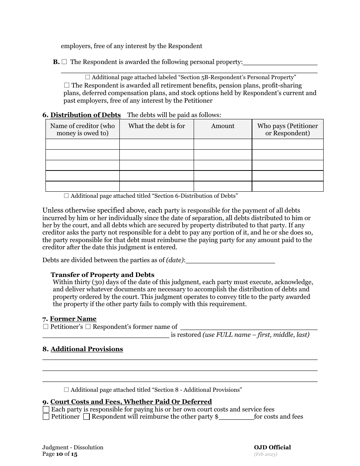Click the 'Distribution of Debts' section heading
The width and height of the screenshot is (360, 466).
85,115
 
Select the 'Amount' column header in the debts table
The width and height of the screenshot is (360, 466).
223,126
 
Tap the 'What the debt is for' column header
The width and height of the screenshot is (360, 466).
157,126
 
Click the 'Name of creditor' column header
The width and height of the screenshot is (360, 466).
82,129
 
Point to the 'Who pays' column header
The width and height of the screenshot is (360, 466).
288,129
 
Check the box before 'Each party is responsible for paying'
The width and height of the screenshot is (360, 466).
46,409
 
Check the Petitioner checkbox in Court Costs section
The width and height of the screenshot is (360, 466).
46,417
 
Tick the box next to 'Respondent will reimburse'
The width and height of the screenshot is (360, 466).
86,417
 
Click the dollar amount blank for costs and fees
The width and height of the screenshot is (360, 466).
236,417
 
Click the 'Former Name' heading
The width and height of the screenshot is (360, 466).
73,319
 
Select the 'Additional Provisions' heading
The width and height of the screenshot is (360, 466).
87,349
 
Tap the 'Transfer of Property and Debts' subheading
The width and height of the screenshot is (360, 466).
102,275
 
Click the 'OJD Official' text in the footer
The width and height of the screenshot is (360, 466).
272,447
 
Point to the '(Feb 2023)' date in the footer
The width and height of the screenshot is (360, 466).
266,454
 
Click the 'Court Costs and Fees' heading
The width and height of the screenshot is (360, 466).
131,402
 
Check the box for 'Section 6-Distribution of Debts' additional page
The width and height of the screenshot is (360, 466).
66,196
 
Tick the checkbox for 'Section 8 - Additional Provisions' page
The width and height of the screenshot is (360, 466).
66,389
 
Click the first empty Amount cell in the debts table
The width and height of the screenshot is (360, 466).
223,144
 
